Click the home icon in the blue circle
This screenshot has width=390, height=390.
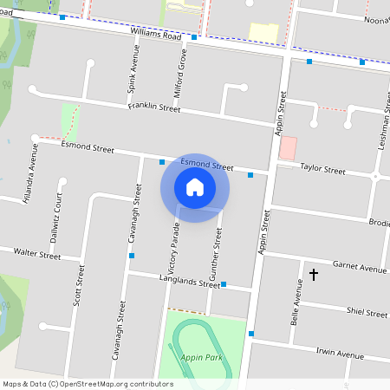(x=195, y=187)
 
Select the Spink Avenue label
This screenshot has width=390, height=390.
(x=133, y=76)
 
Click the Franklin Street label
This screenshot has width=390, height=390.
(x=153, y=107)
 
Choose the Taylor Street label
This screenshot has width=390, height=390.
(x=322, y=169)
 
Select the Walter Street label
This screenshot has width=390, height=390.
(x=36, y=254)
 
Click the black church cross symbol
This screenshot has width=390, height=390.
(x=314, y=275)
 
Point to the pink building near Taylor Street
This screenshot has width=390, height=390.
(x=287, y=147)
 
